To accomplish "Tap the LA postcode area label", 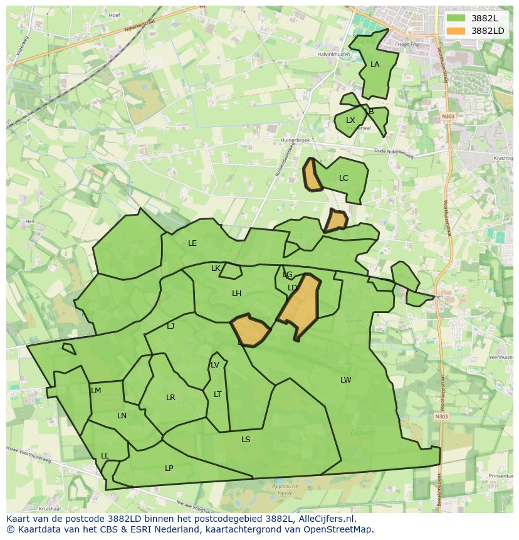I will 375,65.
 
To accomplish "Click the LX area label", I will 350,120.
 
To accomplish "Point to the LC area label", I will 343,178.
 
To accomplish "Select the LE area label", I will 192,243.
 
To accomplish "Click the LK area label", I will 216,268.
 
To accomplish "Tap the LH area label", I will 236,294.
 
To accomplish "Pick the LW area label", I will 345,380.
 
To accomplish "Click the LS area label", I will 246,440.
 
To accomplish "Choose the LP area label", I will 169,469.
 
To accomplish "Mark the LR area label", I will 170,398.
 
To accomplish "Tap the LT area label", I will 218,394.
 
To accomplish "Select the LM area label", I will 96,391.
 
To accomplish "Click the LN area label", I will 122,416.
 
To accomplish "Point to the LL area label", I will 105,456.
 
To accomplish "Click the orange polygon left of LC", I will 312,175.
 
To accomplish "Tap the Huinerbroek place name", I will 295,140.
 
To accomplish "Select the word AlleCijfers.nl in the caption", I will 324,519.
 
